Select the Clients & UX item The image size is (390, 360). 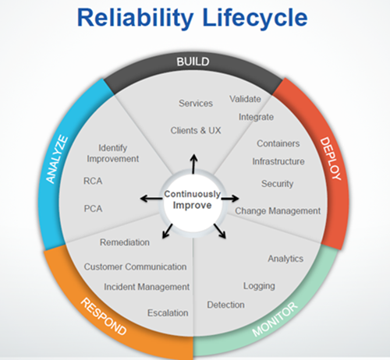click(x=196, y=130)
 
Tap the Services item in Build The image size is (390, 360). click(x=196, y=104)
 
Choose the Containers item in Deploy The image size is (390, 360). click(x=278, y=143)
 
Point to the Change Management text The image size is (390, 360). click(x=278, y=210)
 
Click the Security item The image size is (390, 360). click(x=278, y=184)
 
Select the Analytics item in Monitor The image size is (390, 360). click(x=285, y=258)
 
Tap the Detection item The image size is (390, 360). click(x=225, y=304)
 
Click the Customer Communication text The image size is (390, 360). click(x=135, y=266)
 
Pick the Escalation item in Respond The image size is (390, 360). click(x=168, y=312)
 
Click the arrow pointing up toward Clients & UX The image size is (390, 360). click(x=194, y=162)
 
